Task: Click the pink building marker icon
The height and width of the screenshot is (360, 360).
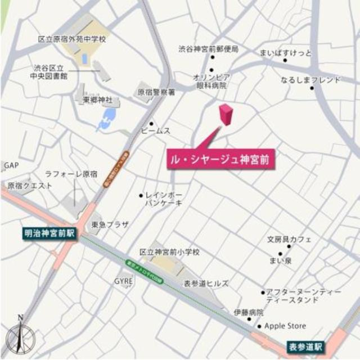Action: point(226,114)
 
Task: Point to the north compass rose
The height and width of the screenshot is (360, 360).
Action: point(20,335)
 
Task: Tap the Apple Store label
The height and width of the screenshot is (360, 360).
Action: point(285,326)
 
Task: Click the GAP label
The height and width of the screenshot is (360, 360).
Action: point(11,165)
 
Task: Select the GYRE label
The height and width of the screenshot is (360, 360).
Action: point(123,281)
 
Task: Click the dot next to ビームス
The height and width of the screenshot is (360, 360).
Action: point(151,123)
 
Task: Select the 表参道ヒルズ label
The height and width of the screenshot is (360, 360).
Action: point(206,283)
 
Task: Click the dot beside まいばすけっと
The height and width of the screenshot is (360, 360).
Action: point(285,60)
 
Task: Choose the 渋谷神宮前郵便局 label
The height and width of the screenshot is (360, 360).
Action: point(208,49)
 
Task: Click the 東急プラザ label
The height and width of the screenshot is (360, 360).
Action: point(110,225)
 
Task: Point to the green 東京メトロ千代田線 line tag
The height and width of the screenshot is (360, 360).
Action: point(145,273)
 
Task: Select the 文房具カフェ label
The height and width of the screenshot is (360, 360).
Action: point(289,239)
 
